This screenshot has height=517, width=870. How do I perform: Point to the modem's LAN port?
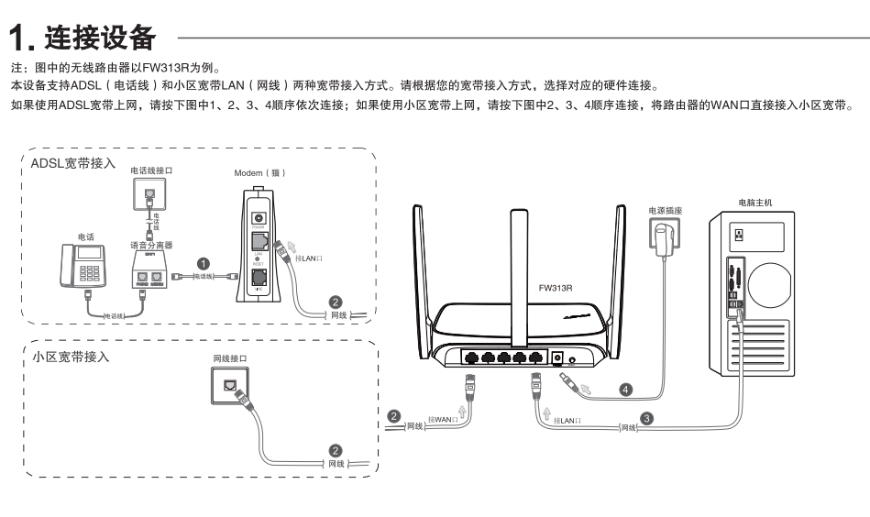point(259,244)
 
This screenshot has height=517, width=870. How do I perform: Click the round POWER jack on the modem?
point(259,217)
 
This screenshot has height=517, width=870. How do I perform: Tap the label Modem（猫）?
point(260,172)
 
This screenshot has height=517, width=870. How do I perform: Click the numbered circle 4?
point(626,389)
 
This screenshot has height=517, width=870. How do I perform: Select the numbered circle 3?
point(647,418)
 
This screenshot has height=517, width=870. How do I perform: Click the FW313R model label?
point(556,287)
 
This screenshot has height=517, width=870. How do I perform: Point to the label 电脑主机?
point(754,202)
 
